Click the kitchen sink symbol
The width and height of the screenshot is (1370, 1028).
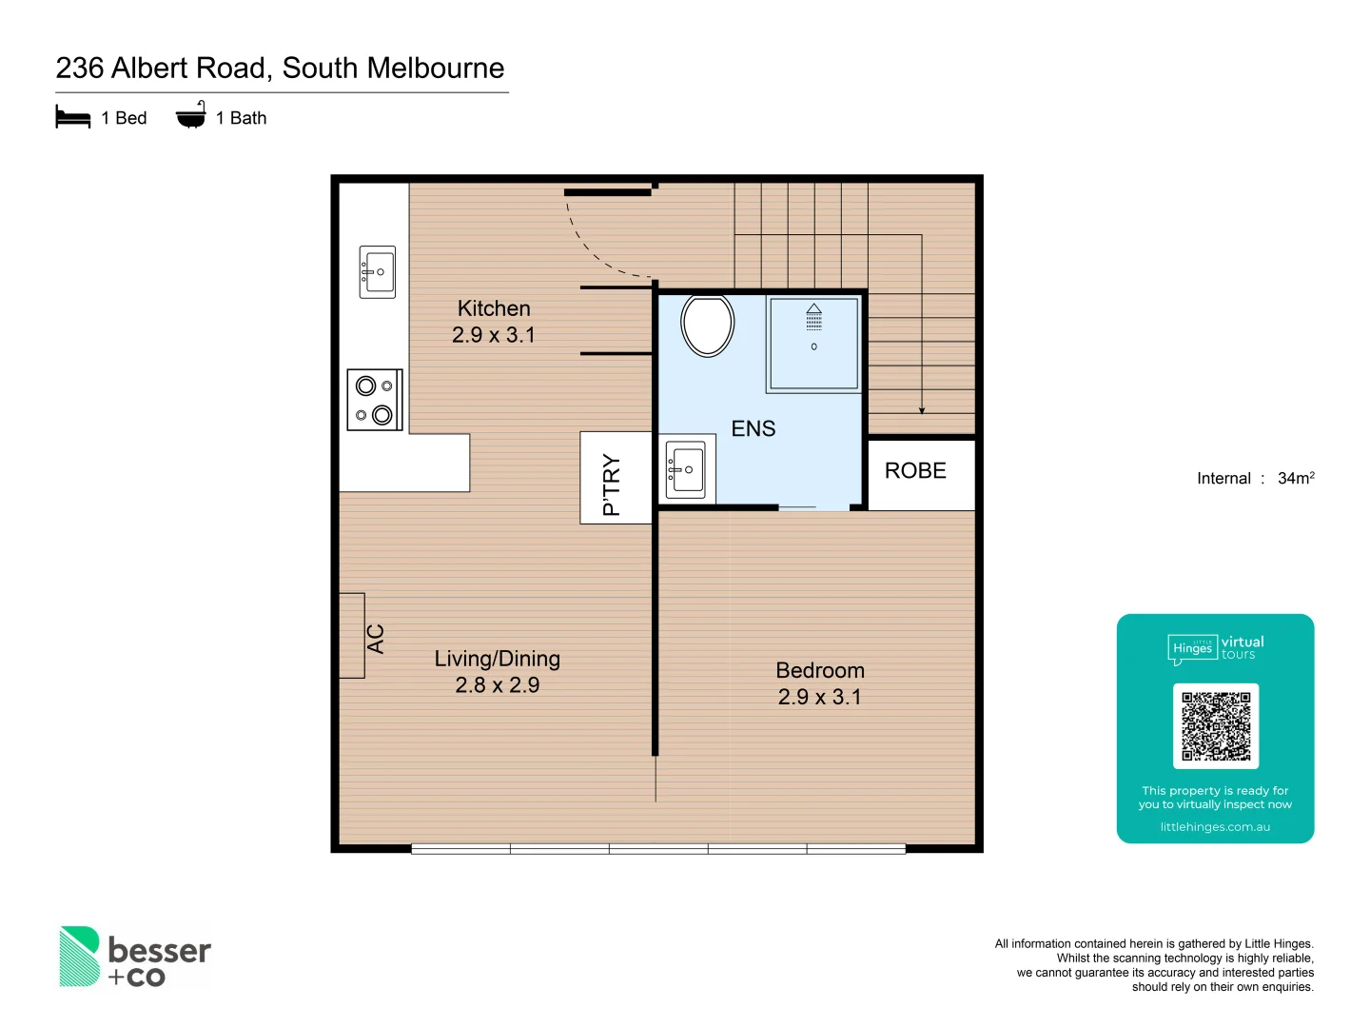point(378,272)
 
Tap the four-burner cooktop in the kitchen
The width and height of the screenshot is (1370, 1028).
point(375,400)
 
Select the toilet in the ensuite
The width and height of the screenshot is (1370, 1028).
point(708,326)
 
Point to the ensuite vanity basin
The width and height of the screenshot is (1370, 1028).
point(686,469)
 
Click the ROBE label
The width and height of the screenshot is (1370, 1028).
point(915,471)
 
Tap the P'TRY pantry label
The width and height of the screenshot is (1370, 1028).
point(612,484)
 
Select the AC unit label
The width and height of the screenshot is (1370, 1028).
point(376,639)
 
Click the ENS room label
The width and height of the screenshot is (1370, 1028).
point(753,429)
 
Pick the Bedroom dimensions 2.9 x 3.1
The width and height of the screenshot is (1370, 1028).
point(820,698)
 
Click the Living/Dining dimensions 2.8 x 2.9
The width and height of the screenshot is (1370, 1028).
point(497,685)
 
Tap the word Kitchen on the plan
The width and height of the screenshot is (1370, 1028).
point(494,308)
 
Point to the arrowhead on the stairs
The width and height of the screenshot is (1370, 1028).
point(922,410)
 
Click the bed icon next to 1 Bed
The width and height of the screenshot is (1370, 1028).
point(73,118)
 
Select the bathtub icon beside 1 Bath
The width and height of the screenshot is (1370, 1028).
point(191,116)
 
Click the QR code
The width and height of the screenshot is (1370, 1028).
point(1216,726)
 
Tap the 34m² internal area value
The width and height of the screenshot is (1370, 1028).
point(1296,478)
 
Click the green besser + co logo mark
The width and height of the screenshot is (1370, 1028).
point(80,957)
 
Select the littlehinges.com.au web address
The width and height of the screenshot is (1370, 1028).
point(1215,827)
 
